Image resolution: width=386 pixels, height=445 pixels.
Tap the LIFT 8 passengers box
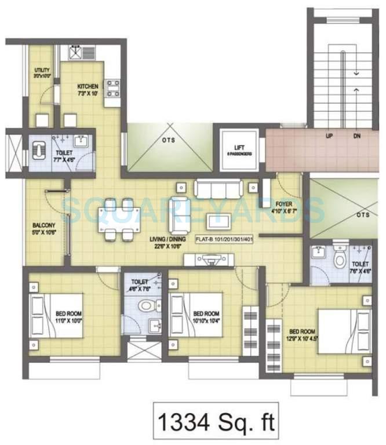(x=238, y=150)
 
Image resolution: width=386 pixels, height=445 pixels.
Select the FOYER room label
(x=283, y=207)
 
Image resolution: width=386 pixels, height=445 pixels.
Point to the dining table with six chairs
(x=116, y=218)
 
